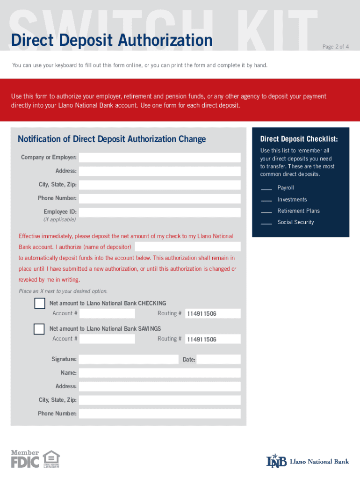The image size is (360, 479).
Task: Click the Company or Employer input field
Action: (x=159, y=158)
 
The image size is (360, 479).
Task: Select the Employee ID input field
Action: (x=159, y=212)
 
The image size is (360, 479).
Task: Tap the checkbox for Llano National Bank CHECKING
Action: (x=39, y=304)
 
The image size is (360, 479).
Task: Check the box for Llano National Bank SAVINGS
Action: (x=39, y=329)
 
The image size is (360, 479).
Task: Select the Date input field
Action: (x=218, y=359)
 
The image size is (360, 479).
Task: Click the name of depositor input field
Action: (x=187, y=247)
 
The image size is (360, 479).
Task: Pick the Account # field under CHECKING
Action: (x=107, y=313)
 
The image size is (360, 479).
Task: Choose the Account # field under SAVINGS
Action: (x=107, y=339)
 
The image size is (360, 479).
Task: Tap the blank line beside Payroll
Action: (x=266, y=189)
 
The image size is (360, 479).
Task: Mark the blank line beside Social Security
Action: (x=266, y=224)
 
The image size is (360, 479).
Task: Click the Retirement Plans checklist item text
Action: (x=298, y=211)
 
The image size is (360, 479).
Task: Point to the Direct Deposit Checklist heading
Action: (x=299, y=139)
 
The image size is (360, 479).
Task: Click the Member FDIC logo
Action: (x=25, y=459)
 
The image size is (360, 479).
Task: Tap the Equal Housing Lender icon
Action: (x=51, y=459)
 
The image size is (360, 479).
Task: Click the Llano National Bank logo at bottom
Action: (x=308, y=461)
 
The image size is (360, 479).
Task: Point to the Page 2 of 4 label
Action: (x=335, y=47)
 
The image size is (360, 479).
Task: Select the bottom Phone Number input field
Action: (x=159, y=414)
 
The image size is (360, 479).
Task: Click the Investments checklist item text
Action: (x=292, y=200)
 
